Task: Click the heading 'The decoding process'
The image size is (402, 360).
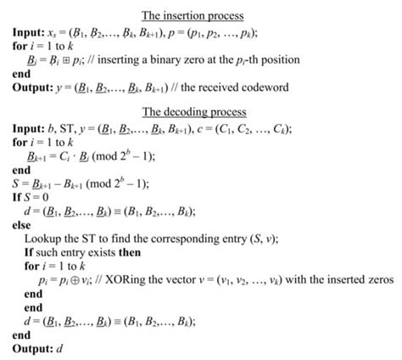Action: point(194,111)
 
